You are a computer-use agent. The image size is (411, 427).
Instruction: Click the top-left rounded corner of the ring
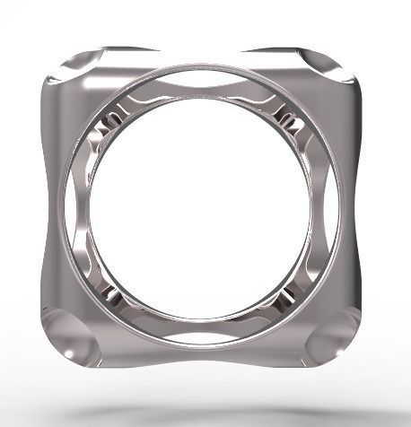[x=67, y=72]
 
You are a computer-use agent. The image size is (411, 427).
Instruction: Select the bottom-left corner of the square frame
[x=65, y=336]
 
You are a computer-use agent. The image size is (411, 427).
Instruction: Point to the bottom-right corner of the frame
[x=345, y=336]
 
